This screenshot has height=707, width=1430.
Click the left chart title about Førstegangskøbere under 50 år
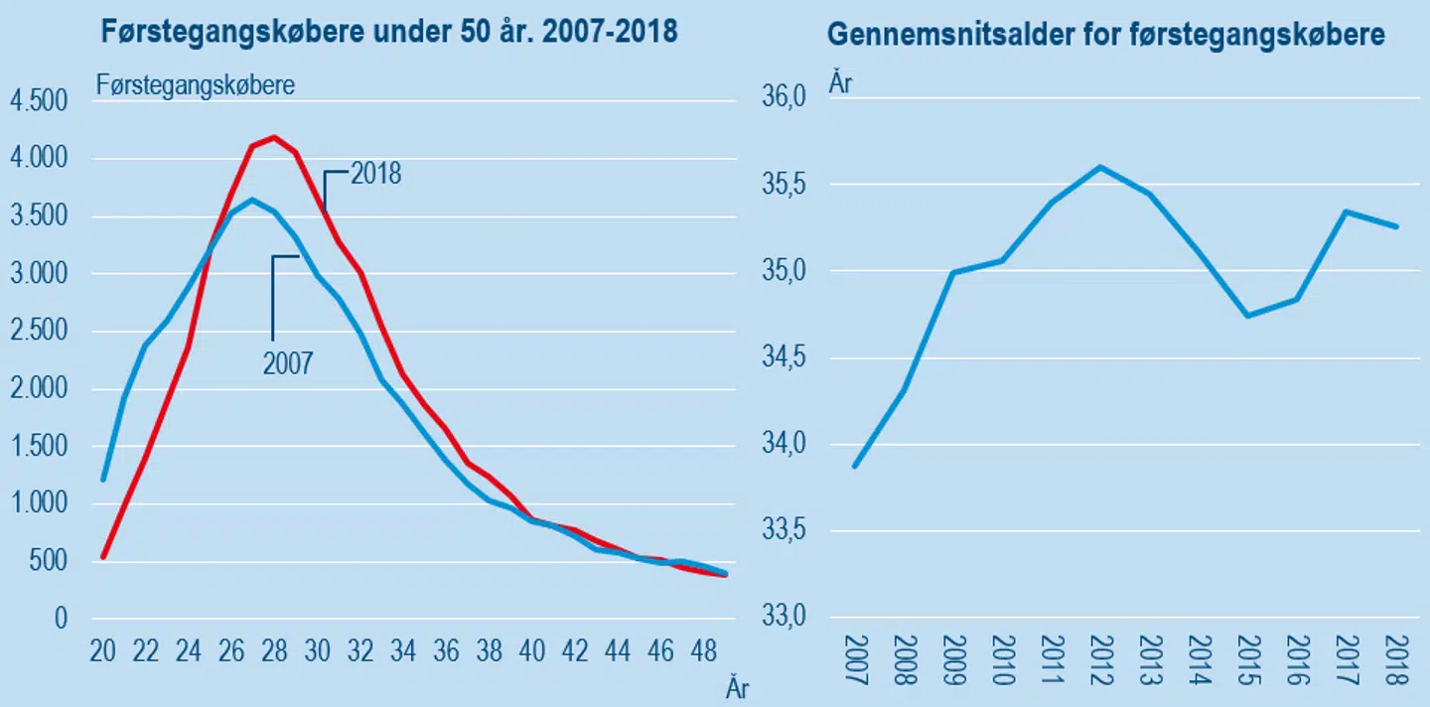(x=389, y=32)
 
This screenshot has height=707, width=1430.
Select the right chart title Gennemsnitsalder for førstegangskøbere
(x=1105, y=36)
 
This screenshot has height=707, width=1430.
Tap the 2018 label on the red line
(x=374, y=174)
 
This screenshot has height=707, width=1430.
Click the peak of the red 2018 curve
(x=275, y=137)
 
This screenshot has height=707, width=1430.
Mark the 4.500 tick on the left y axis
(x=37, y=101)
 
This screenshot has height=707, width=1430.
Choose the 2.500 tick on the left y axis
(x=37, y=332)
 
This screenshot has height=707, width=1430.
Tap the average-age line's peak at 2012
(x=1097, y=166)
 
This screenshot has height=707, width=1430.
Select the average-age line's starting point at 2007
(x=855, y=466)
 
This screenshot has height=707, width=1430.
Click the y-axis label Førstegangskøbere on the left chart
(x=196, y=85)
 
